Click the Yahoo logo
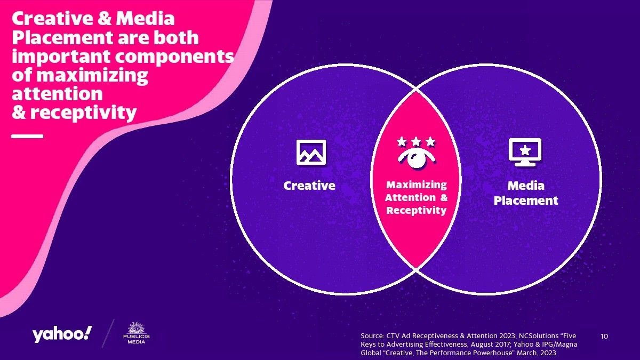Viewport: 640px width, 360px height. (x=62, y=334)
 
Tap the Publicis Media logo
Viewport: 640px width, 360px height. (x=137, y=333)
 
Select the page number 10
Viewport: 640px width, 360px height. (x=604, y=337)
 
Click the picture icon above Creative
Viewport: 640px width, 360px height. (x=311, y=153)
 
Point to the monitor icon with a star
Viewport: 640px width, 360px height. (x=525, y=153)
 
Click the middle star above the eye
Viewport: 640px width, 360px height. (x=416, y=141)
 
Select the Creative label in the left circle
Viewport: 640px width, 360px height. (x=309, y=186)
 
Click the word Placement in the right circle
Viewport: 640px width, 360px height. (x=526, y=201)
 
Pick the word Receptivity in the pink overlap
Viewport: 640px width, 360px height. (x=417, y=211)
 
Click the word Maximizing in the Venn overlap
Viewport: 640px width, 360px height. (x=417, y=185)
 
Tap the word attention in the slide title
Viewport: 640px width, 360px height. (x=57, y=94)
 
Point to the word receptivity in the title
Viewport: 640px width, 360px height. (x=83, y=113)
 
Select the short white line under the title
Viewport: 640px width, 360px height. (x=27, y=137)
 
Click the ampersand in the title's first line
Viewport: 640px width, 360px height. (x=105, y=19)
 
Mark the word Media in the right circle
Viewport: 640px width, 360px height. (x=526, y=186)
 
